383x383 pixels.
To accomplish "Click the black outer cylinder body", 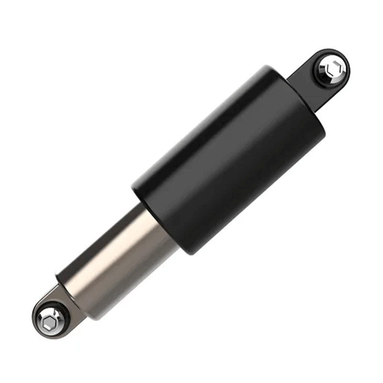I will pos(230,158).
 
